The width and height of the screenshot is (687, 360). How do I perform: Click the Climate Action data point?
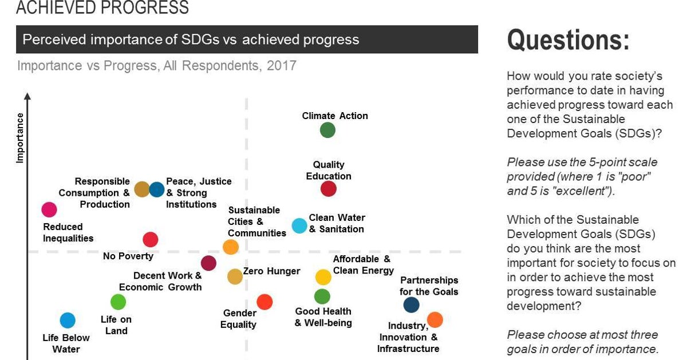pos(327,130)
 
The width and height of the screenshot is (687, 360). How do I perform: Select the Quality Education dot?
pos(328,188)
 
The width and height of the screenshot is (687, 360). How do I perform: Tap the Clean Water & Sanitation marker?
pos(299,226)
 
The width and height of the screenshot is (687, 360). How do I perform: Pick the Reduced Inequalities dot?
pos(49,210)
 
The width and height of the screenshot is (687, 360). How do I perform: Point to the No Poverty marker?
pos(150,239)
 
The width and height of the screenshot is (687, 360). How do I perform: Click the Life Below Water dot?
pos(68,321)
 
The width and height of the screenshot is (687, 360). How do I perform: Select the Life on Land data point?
pos(118,302)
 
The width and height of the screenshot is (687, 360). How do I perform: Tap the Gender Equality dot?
pos(264,302)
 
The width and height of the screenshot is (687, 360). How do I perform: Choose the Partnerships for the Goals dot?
pos(411,305)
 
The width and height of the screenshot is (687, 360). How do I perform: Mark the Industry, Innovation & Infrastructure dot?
pos(435,319)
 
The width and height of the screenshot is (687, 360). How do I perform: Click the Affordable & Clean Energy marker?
pos(323,277)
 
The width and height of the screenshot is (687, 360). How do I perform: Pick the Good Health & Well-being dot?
pos(322,296)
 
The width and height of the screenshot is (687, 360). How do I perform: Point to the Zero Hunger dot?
pos(235,277)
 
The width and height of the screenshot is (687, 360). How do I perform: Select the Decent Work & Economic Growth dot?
pos(209,263)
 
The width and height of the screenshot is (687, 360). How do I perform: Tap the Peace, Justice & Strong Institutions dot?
pos(157,189)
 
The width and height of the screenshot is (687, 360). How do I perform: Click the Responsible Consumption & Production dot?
pos(141,189)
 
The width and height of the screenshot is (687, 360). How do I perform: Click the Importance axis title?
pos(20,138)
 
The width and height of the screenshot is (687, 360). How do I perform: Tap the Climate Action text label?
pos(335,116)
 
